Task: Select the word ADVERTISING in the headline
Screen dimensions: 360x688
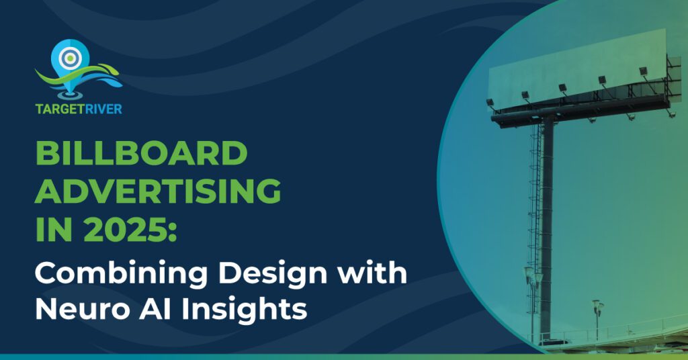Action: point(158,193)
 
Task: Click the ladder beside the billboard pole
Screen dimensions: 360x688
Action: point(533,222)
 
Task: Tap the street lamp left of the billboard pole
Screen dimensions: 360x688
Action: point(531,296)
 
